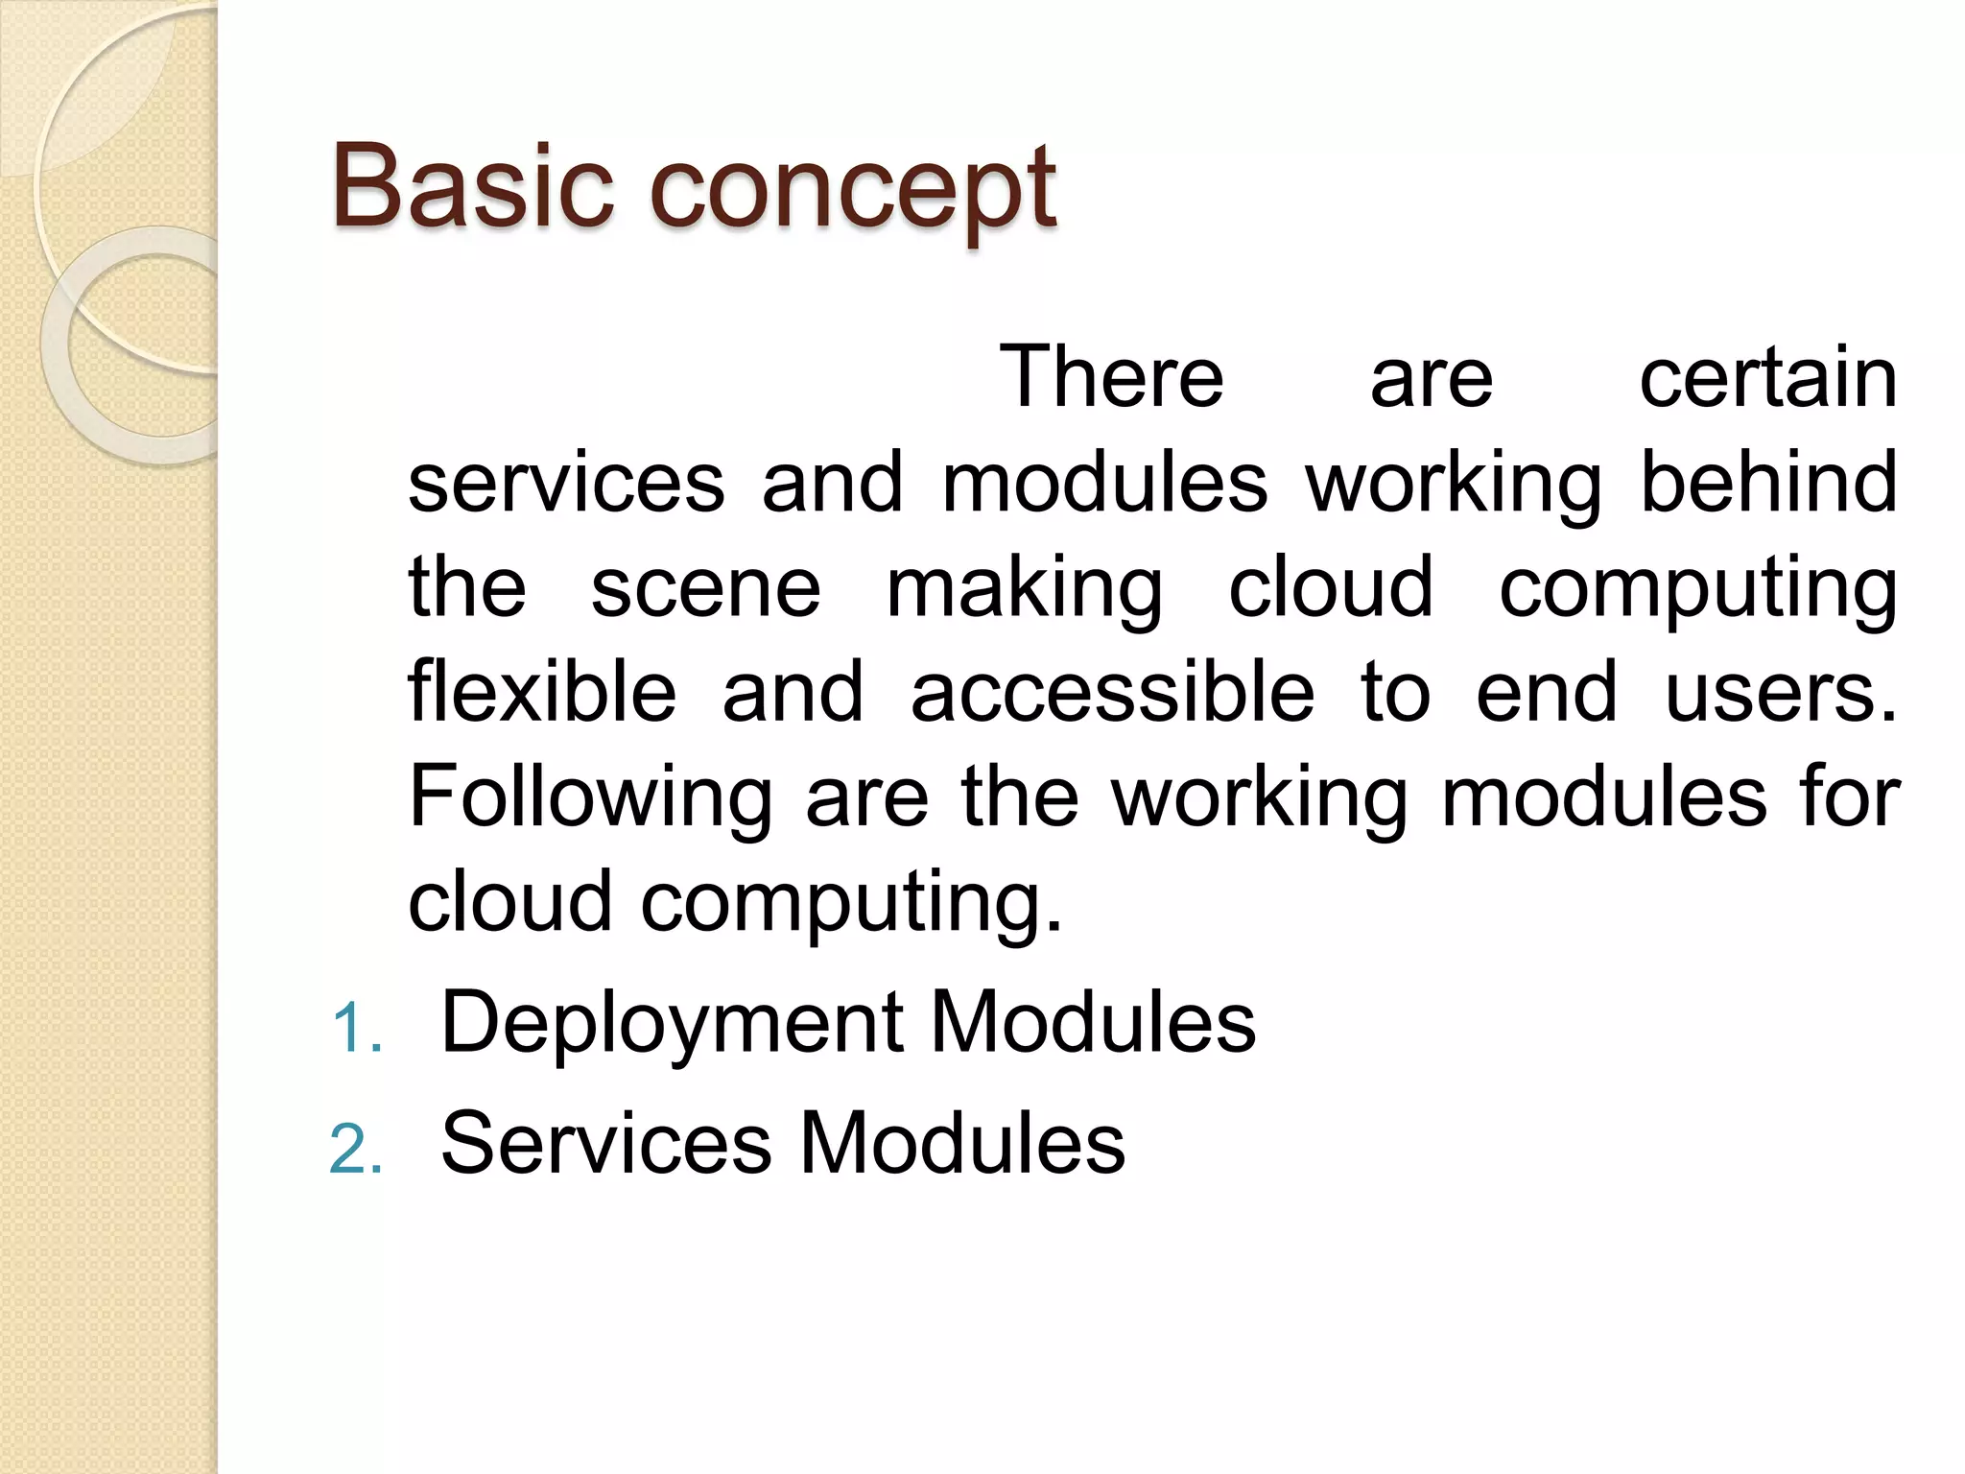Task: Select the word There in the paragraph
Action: pos(1111,377)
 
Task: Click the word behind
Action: pos(1767,482)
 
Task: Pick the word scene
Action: pos(705,587)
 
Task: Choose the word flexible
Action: pos(542,691)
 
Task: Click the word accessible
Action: pos(1112,691)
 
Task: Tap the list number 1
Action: pos(356,1028)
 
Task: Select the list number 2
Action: pos(356,1149)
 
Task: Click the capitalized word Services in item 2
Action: pos(605,1142)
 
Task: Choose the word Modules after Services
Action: pos(961,1142)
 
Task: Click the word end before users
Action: pos(1546,691)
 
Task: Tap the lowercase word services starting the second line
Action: pos(566,482)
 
